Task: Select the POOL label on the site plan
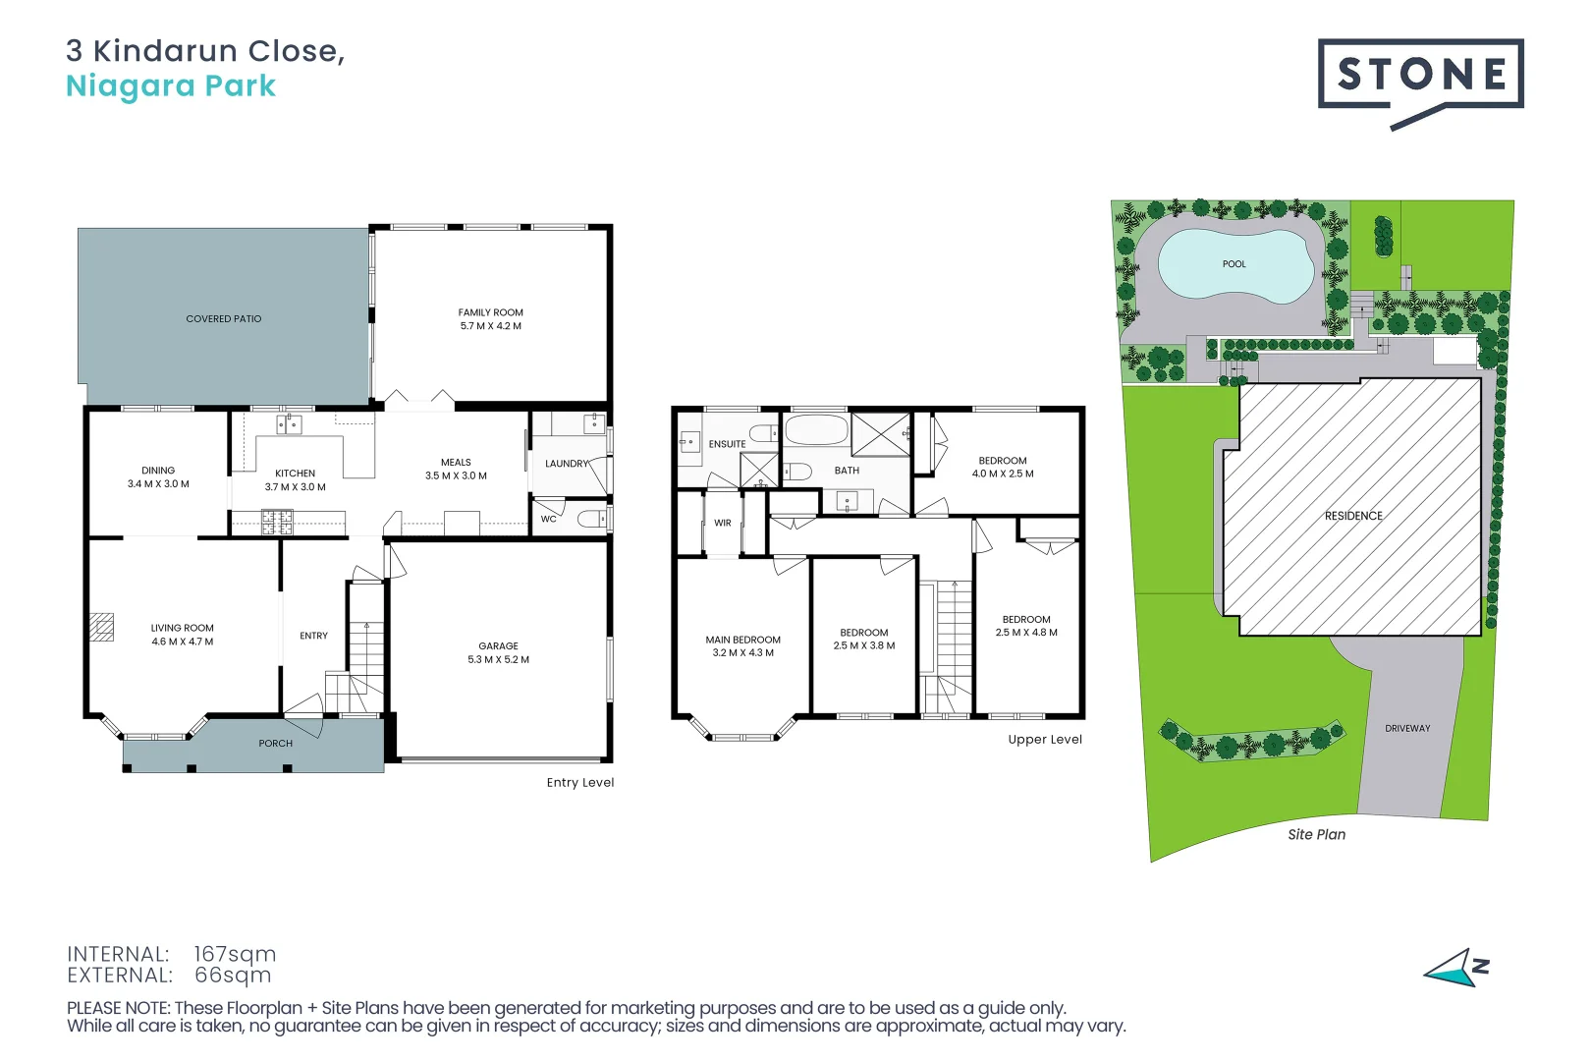1234,264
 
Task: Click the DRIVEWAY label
1407,728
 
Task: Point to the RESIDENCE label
1353,516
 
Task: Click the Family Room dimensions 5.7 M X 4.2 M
491,326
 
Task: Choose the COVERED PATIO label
224,319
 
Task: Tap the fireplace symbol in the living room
101,628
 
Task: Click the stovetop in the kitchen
277,523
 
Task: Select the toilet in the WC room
591,520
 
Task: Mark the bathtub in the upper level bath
817,430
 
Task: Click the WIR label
723,523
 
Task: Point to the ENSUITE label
728,444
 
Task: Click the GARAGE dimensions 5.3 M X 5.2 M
499,659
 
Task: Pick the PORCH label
276,744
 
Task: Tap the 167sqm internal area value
235,954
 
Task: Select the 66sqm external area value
233,975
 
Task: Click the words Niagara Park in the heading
171,86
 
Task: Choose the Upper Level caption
1046,740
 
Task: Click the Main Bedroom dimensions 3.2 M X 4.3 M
742,653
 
